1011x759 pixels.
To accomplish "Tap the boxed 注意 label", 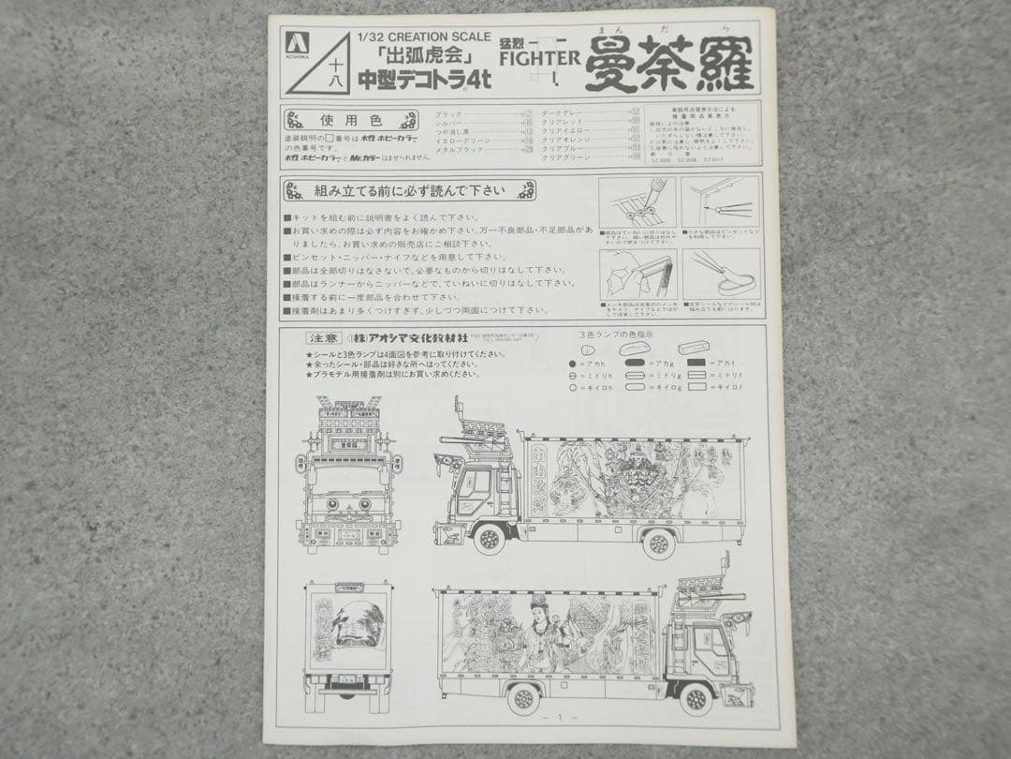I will pyautogui.click(x=314, y=338).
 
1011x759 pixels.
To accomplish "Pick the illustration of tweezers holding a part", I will pyautogui.click(x=721, y=206).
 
